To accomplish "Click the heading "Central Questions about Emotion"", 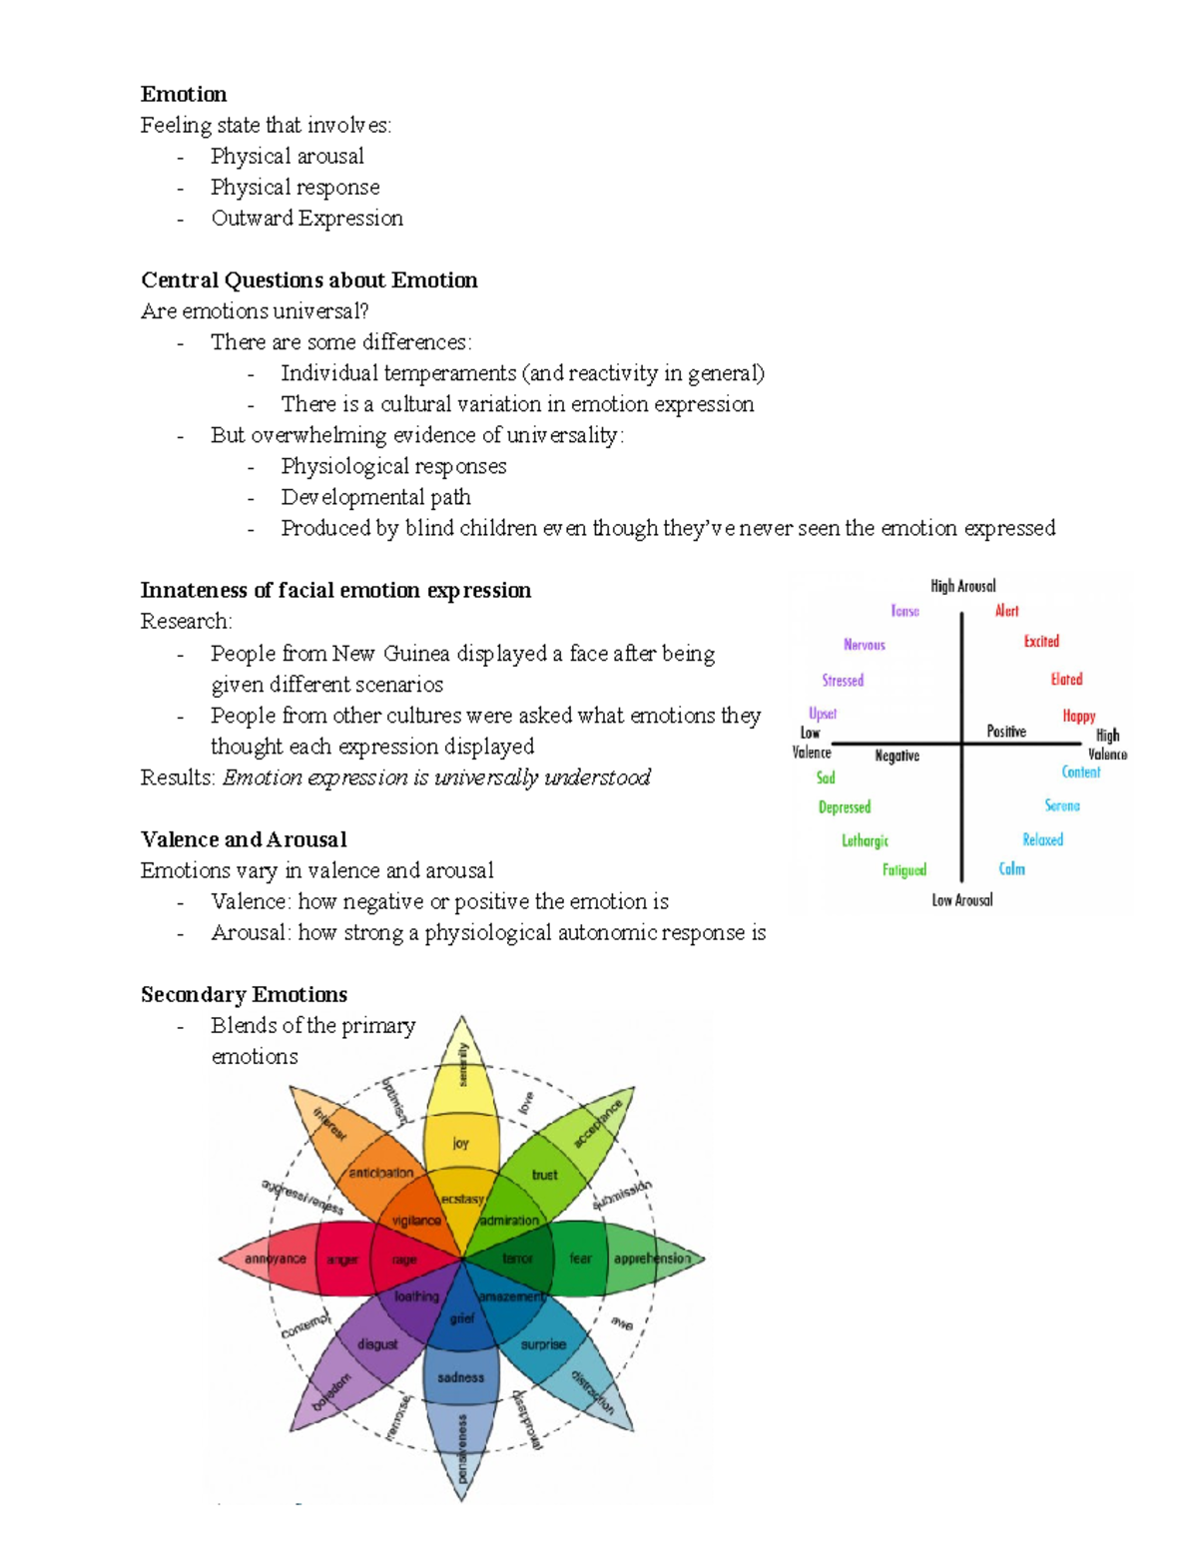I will pos(308,280).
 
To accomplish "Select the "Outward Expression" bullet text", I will pos(306,219).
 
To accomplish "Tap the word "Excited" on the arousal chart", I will pos(1041,642).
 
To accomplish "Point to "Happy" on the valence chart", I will pos(1078,716).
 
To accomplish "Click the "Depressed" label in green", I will pos(845,807).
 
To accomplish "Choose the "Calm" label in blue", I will pos(1011,869).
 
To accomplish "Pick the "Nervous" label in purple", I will pos(864,645).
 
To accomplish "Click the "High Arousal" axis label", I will pos(962,586).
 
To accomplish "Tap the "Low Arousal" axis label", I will pos(962,900).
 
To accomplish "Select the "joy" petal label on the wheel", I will pos(460,1144).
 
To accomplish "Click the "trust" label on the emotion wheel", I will pos(544,1175).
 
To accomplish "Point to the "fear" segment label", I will pos(580,1259).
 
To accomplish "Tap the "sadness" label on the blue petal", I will pos(460,1377).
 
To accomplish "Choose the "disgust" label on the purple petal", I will pos(377,1344).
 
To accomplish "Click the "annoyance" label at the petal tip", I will pos(276,1259).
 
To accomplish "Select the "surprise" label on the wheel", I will pos(543,1344).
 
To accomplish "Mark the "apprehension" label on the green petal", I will pos(652,1259).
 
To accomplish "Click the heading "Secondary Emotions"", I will pos(244,995).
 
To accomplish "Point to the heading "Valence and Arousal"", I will pos(244,839).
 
